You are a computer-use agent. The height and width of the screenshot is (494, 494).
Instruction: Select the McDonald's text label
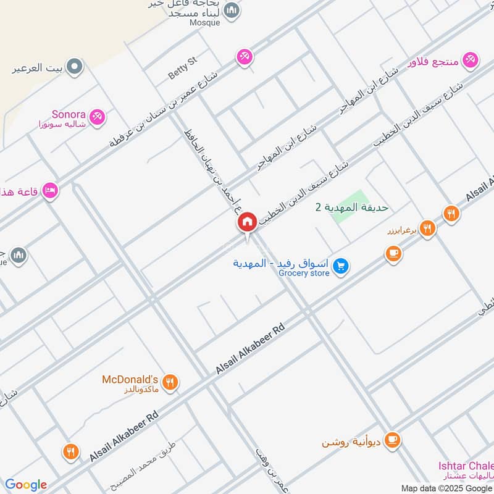(x=130, y=379)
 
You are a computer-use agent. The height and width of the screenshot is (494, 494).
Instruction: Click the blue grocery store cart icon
(x=340, y=267)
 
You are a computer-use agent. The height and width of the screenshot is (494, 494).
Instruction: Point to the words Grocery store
(x=304, y=273)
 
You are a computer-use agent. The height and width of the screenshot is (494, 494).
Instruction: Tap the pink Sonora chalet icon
(x=96, y=116)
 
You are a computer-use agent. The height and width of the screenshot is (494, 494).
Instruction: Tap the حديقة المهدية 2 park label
(x=352, y=207)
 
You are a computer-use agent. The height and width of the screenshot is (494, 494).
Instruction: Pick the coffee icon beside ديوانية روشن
(x=391, y=440)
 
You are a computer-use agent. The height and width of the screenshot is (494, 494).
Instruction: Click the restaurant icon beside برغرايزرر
(x=427, y=229)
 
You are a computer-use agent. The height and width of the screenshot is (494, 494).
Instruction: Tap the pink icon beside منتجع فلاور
(x=471, y=59)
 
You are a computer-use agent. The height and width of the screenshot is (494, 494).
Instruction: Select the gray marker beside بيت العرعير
(x=74, y=66)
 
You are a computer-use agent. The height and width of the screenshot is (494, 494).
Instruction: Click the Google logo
(x=25, y=485)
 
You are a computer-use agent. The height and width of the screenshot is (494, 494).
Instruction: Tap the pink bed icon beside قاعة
(x=51, y=190)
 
